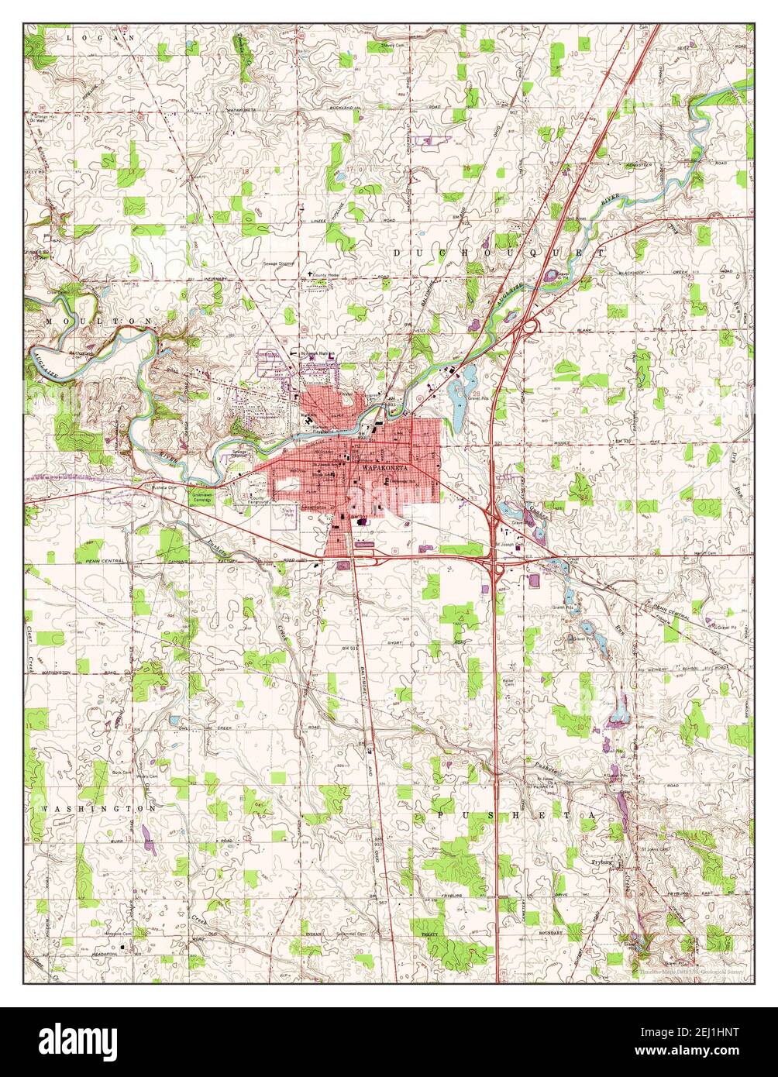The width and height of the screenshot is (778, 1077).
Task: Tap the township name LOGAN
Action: pos(102,36)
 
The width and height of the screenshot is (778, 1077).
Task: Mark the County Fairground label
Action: pos(259,503)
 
